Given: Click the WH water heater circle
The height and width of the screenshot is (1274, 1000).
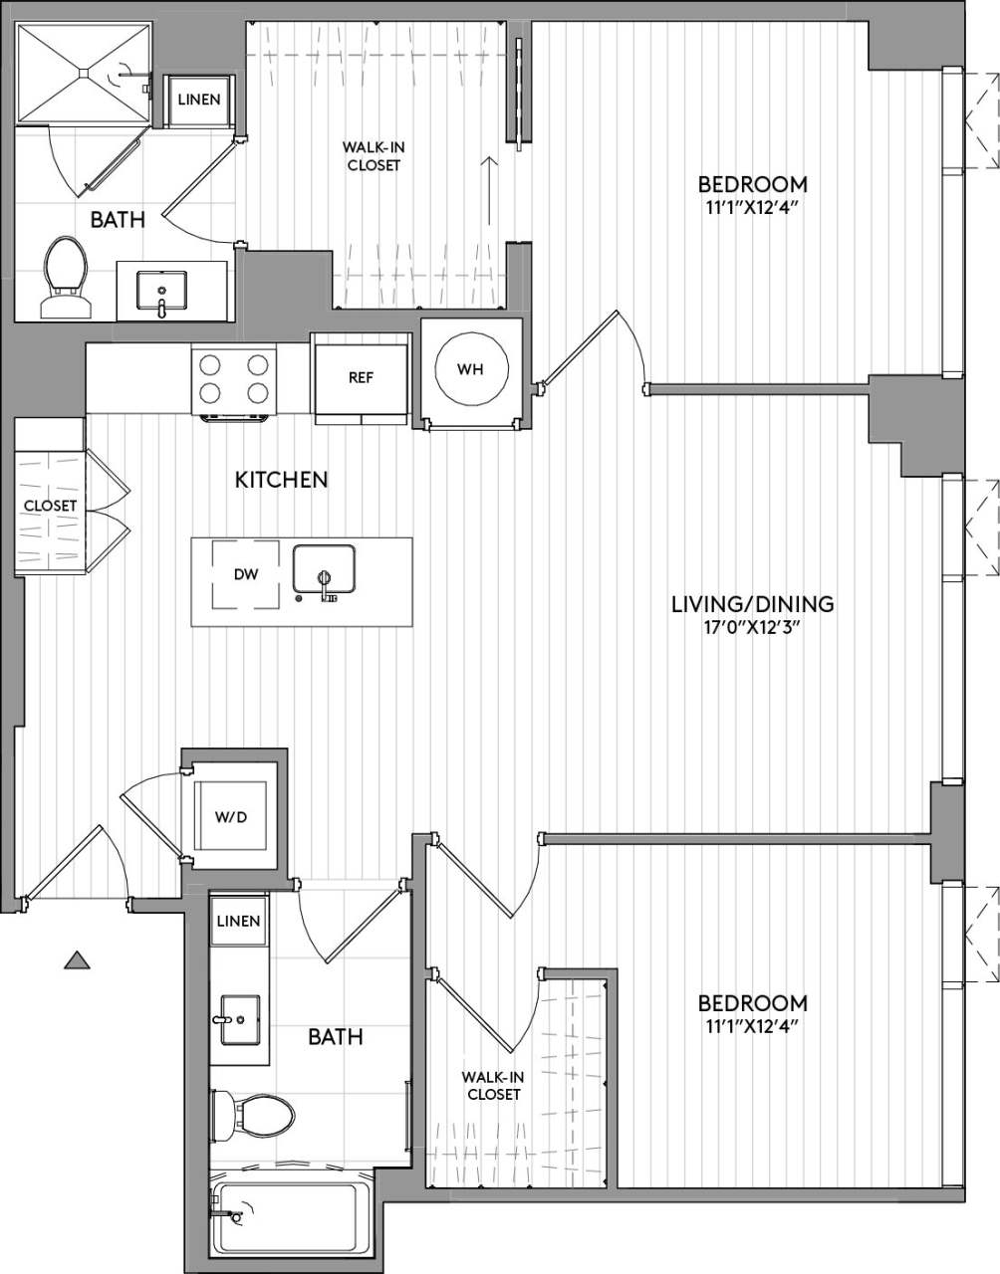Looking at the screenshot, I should (470, 369).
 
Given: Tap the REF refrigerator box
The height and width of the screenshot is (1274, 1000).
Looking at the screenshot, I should (361, 378).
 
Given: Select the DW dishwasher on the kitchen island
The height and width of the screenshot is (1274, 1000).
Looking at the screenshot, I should (245, 574).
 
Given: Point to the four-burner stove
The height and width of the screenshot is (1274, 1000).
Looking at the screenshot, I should (234, 378).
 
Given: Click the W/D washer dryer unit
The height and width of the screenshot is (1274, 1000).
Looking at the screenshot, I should (232, 817).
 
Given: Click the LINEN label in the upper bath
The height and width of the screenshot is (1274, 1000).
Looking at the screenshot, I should (199, 100).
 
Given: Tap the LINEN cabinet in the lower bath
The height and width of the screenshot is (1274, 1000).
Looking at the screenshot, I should (238, 921).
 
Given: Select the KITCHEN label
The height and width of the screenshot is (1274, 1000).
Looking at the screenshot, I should (281, 480).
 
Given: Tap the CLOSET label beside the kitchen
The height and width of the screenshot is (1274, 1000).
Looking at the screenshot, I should (50, 506).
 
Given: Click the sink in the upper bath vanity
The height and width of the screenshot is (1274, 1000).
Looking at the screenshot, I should (160, 292).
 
